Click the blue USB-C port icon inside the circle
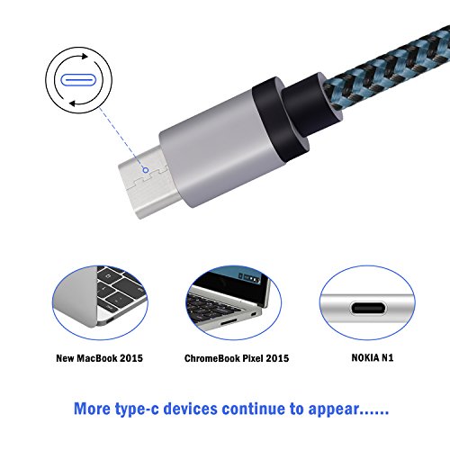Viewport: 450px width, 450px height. (78, 80)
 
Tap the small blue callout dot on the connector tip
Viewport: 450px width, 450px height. (146, 170)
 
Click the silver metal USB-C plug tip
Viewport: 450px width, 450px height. (144, 182)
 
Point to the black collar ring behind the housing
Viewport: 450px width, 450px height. (281, 120)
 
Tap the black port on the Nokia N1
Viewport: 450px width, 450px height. (368, 308)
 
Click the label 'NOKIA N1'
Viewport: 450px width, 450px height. (373, 357)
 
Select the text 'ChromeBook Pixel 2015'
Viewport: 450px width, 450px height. (237, 358)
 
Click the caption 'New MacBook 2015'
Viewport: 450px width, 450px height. (99, 358)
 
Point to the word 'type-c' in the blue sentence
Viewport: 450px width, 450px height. (137, 409)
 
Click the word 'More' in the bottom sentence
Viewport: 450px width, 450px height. (92, 409)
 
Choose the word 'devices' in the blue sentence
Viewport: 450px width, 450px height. (190, 409)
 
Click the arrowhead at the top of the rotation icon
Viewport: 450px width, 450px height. (85, 56)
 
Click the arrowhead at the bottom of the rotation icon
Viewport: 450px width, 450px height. (73, 103)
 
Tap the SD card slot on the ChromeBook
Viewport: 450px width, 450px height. (229, 322)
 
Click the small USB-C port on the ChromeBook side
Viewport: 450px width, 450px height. (254, 314)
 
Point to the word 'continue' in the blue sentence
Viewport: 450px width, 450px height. (253, 409)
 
